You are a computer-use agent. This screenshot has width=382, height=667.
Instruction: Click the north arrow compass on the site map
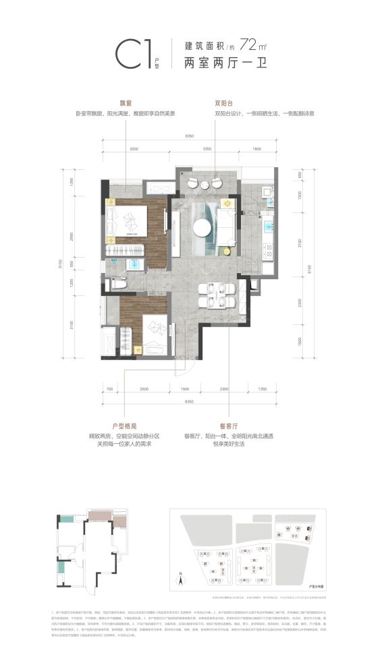coord(181,577)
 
